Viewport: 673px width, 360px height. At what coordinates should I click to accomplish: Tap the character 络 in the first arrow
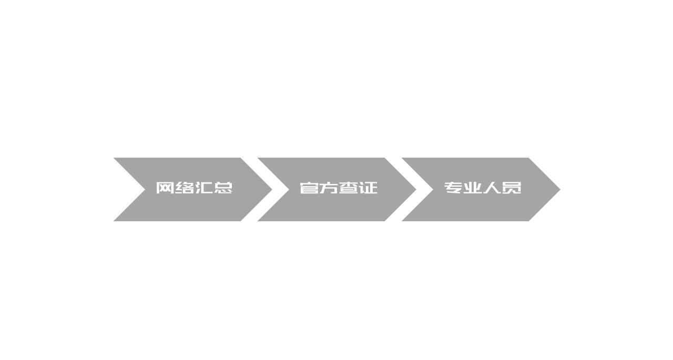point(185,188)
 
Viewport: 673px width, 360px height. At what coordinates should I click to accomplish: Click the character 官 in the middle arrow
point(310,188)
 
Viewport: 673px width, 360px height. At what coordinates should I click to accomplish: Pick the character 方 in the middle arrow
point(329,188)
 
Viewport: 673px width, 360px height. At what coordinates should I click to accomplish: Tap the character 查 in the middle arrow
point(348,188)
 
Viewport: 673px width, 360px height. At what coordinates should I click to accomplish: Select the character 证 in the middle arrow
point(368,188)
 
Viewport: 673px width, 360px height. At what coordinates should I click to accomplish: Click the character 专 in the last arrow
point(454,188)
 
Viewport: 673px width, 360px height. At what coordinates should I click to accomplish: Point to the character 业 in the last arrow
point(473,188)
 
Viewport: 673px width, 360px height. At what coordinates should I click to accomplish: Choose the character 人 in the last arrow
point(492,188)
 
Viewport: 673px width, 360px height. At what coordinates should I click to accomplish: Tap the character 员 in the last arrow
point(512,188)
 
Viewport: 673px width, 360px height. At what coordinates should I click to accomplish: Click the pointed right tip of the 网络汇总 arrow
point(272,189)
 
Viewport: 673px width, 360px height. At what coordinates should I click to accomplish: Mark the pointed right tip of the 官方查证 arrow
point(416,189)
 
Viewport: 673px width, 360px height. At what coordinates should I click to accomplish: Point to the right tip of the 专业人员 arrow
point(560,189)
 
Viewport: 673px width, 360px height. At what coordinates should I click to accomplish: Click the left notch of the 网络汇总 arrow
point(146,189)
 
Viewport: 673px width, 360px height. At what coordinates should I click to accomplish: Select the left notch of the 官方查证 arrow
point(289,189)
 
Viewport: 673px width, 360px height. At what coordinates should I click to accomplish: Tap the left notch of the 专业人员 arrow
point(434,189)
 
